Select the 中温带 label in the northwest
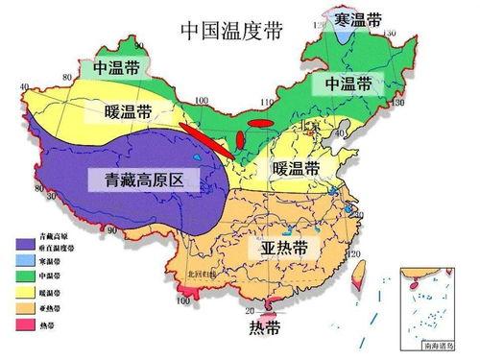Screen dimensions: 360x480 (x=116, y=68)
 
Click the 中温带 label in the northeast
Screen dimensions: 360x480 (x=348, y=83)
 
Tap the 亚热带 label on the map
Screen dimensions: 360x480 (x=284, y=248)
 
